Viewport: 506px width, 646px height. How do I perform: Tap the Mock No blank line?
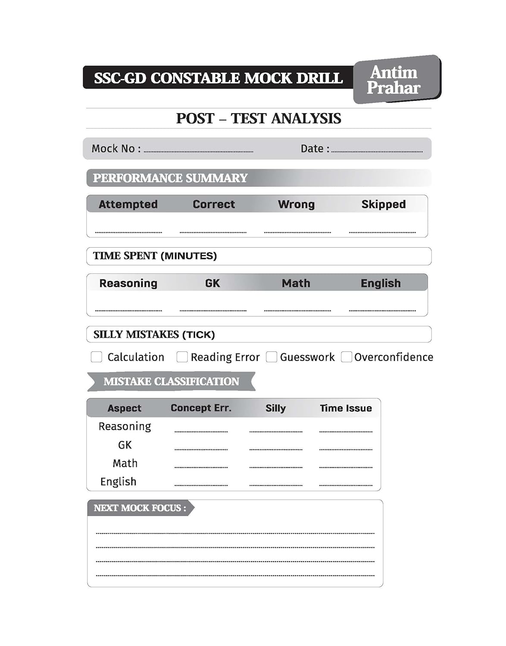click(198, 151)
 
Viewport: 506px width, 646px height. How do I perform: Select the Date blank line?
click(377, 151)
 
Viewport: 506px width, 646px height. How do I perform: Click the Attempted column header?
click(128, 204)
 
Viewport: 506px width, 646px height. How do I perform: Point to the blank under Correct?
click(213, 232)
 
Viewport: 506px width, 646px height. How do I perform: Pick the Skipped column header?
click(383, 204)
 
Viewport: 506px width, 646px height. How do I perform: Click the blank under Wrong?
click(297, 232)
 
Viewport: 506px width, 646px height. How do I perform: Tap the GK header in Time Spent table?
click(212, 283)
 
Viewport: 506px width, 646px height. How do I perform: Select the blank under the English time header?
click(382, 310)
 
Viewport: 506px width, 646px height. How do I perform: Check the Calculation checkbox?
click(97, 357)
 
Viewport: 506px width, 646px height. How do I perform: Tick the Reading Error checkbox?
click(182, 357)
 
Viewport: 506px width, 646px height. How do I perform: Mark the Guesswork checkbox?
click(272, 357)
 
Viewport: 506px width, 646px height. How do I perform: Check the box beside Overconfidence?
click(347, 357)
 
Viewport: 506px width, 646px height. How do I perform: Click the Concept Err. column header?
click(201, 408)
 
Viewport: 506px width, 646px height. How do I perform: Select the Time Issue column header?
click(346, 408)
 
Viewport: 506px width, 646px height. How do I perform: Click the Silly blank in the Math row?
click(276, 467)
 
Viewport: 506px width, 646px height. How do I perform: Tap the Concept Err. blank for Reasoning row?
click(201, 431)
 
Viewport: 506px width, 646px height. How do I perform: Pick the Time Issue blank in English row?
click(346, 485)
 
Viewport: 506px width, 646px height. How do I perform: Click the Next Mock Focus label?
click(140, 508)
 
